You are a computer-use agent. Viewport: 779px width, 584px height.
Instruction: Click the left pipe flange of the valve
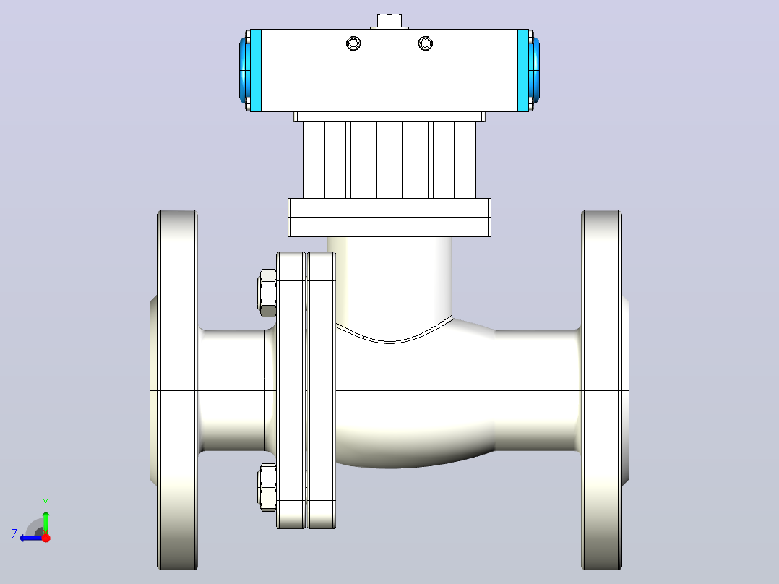(x=177, y=390)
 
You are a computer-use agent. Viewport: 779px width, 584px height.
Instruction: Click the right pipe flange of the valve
(x=602, y=390)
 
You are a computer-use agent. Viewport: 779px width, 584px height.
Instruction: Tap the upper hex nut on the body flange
(x=267, y=293)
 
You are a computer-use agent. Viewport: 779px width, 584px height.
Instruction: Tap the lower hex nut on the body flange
(x=267, y=487)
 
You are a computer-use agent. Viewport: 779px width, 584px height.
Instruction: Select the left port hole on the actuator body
(x=353, y=43)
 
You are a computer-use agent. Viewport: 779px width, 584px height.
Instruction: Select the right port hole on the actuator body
(x=425, y=43)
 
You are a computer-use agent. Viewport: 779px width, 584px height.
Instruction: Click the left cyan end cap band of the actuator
(x=255, y=70)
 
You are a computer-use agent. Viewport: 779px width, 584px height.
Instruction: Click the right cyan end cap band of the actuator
(x=523, y=70)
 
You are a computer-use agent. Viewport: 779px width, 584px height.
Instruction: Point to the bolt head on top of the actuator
(x=389, y=21)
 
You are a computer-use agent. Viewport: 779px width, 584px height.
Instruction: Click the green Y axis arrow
(x=46, y=523)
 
